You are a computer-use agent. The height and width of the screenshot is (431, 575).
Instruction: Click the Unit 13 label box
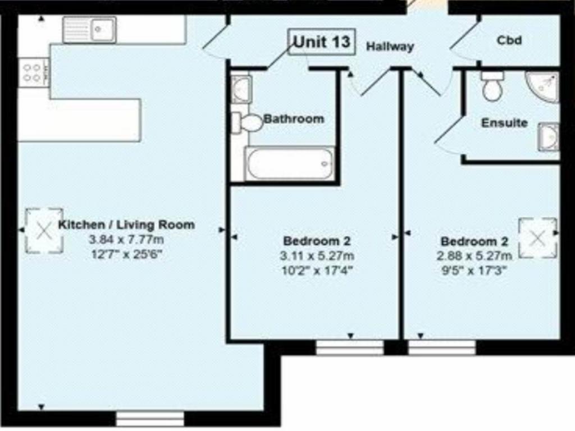coord(322,42)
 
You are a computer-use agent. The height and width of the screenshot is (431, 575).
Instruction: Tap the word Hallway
coord(390,47)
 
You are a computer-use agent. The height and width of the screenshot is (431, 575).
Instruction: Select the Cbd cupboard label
coord(509,40)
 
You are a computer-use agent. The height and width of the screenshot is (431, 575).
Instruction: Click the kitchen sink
coord(89,29)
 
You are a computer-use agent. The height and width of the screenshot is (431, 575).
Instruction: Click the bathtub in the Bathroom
coord(289,163)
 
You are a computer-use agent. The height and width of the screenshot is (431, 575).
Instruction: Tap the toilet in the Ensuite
coord(492,86)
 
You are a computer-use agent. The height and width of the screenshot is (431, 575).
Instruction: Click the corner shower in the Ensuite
coord(542,87)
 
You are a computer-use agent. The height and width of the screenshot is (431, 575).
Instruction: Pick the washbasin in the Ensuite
coord(549,137)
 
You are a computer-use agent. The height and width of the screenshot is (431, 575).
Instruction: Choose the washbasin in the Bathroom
coord(241,89)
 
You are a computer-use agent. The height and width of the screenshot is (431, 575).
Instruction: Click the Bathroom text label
coord(294,119)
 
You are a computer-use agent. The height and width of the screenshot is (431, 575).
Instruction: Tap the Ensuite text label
coord(504,123)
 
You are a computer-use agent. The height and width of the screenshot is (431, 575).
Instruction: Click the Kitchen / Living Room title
coord(126,224)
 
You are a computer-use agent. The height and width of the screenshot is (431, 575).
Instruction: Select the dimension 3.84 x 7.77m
coord(126,240)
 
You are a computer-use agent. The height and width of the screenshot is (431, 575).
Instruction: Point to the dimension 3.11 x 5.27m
coord(317,256)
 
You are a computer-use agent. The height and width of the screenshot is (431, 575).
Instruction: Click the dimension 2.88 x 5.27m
coord(474,256)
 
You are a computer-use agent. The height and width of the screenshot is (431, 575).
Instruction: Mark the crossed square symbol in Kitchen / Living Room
coord(44,231)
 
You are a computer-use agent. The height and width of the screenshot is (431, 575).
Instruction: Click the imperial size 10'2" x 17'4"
coord(317,270)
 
